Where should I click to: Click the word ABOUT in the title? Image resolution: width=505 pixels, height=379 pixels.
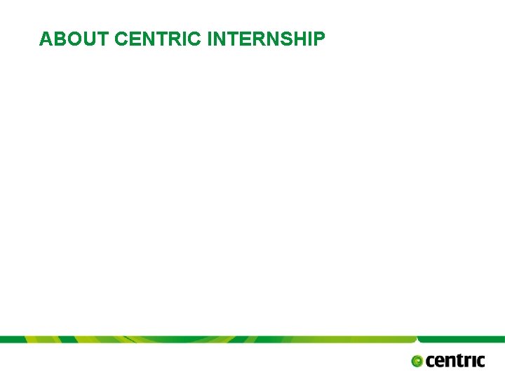click(74, 39)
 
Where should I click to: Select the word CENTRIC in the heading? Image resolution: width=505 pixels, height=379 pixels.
click(158, 39)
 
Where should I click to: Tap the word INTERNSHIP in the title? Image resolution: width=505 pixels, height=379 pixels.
click(267, 39)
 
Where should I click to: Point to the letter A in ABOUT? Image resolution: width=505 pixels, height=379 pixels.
click(46, 39)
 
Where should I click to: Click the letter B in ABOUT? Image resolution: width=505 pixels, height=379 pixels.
click(58, 39)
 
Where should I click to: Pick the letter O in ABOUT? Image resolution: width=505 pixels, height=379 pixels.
click(72, 39)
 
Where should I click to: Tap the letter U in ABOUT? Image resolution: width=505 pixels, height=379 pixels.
click(87, 39)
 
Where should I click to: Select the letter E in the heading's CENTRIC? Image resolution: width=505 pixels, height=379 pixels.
click(133, 39)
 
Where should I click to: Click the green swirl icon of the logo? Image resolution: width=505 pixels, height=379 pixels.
click(417, 361)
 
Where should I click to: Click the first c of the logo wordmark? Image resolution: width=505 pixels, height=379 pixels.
click(430, 361)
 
